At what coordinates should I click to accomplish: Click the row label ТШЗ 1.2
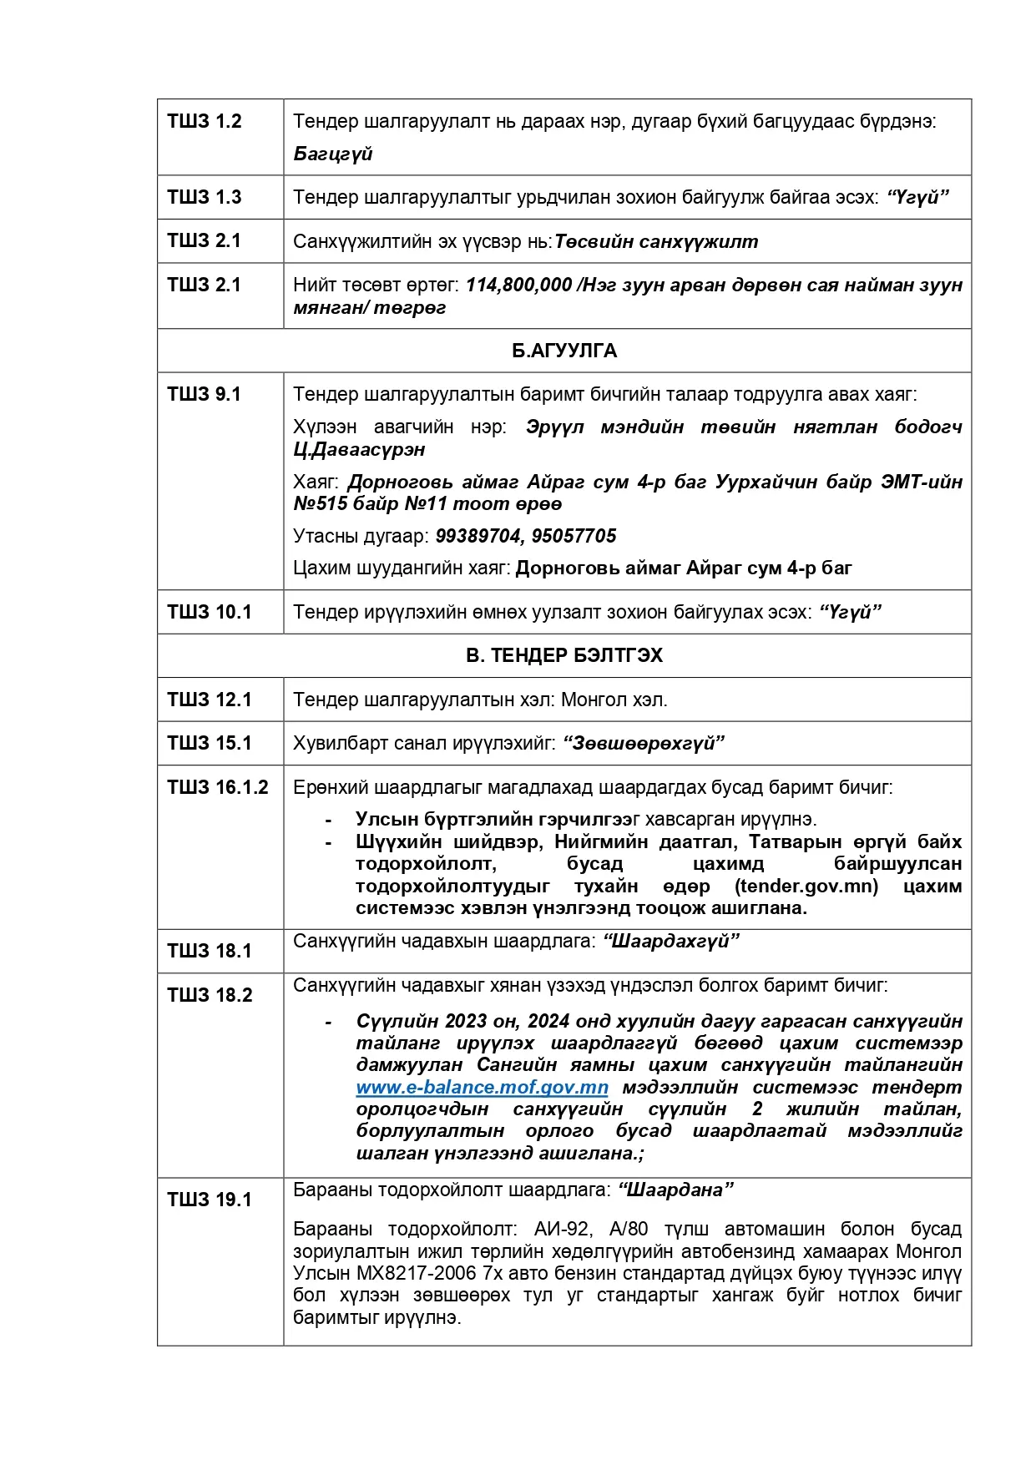[205, 122]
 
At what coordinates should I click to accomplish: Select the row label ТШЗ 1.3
[205, 198]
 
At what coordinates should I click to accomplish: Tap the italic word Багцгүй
[332, 154]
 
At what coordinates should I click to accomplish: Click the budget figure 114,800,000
[518, 285]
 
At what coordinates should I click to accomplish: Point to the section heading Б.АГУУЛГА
[564, 351]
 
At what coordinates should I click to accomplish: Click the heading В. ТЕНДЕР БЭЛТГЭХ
[564, 656]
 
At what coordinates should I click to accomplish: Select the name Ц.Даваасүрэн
[359, 450]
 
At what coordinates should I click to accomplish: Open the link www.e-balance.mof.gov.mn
[482, 1088]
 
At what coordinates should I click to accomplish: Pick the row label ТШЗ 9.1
[205, 395]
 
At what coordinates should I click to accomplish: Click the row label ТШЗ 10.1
[210, 613]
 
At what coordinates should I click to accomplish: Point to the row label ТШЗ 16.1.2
[218, 788]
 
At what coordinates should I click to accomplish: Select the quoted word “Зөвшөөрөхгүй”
[644, 744]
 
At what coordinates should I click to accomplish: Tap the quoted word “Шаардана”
[675, 1190]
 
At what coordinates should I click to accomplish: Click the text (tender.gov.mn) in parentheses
[806, 887]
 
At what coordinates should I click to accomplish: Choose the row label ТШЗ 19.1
[210, 1200]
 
